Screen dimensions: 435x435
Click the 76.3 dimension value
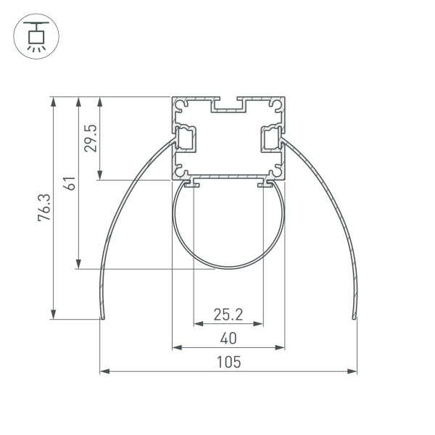[44, 207]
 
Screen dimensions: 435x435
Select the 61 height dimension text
[70, 183]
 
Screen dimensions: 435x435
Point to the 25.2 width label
[228, 314]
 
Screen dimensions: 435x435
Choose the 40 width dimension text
[228, 338]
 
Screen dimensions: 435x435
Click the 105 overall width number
[228, 362]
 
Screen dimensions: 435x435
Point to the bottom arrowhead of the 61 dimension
[77, 265]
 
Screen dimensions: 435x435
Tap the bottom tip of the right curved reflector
[354, 317]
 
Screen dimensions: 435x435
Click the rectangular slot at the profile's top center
[228, 105]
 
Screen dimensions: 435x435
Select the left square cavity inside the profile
[187, 138]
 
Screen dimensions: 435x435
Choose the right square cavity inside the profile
[270, 138]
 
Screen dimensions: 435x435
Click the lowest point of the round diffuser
[228, 269]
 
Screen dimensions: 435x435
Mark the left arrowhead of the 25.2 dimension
[196, 324]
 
